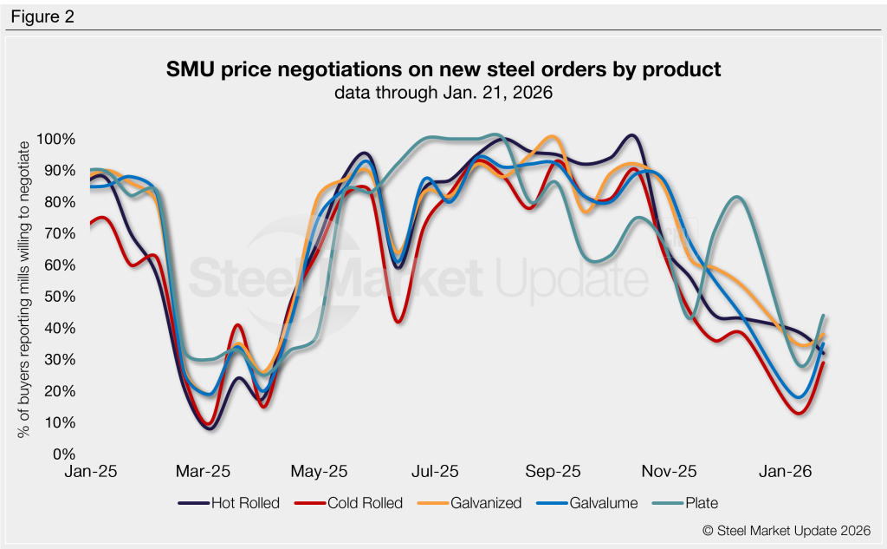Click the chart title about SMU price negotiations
443,69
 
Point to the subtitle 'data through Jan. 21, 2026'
443,93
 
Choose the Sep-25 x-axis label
552,472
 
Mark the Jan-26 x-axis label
784,472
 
